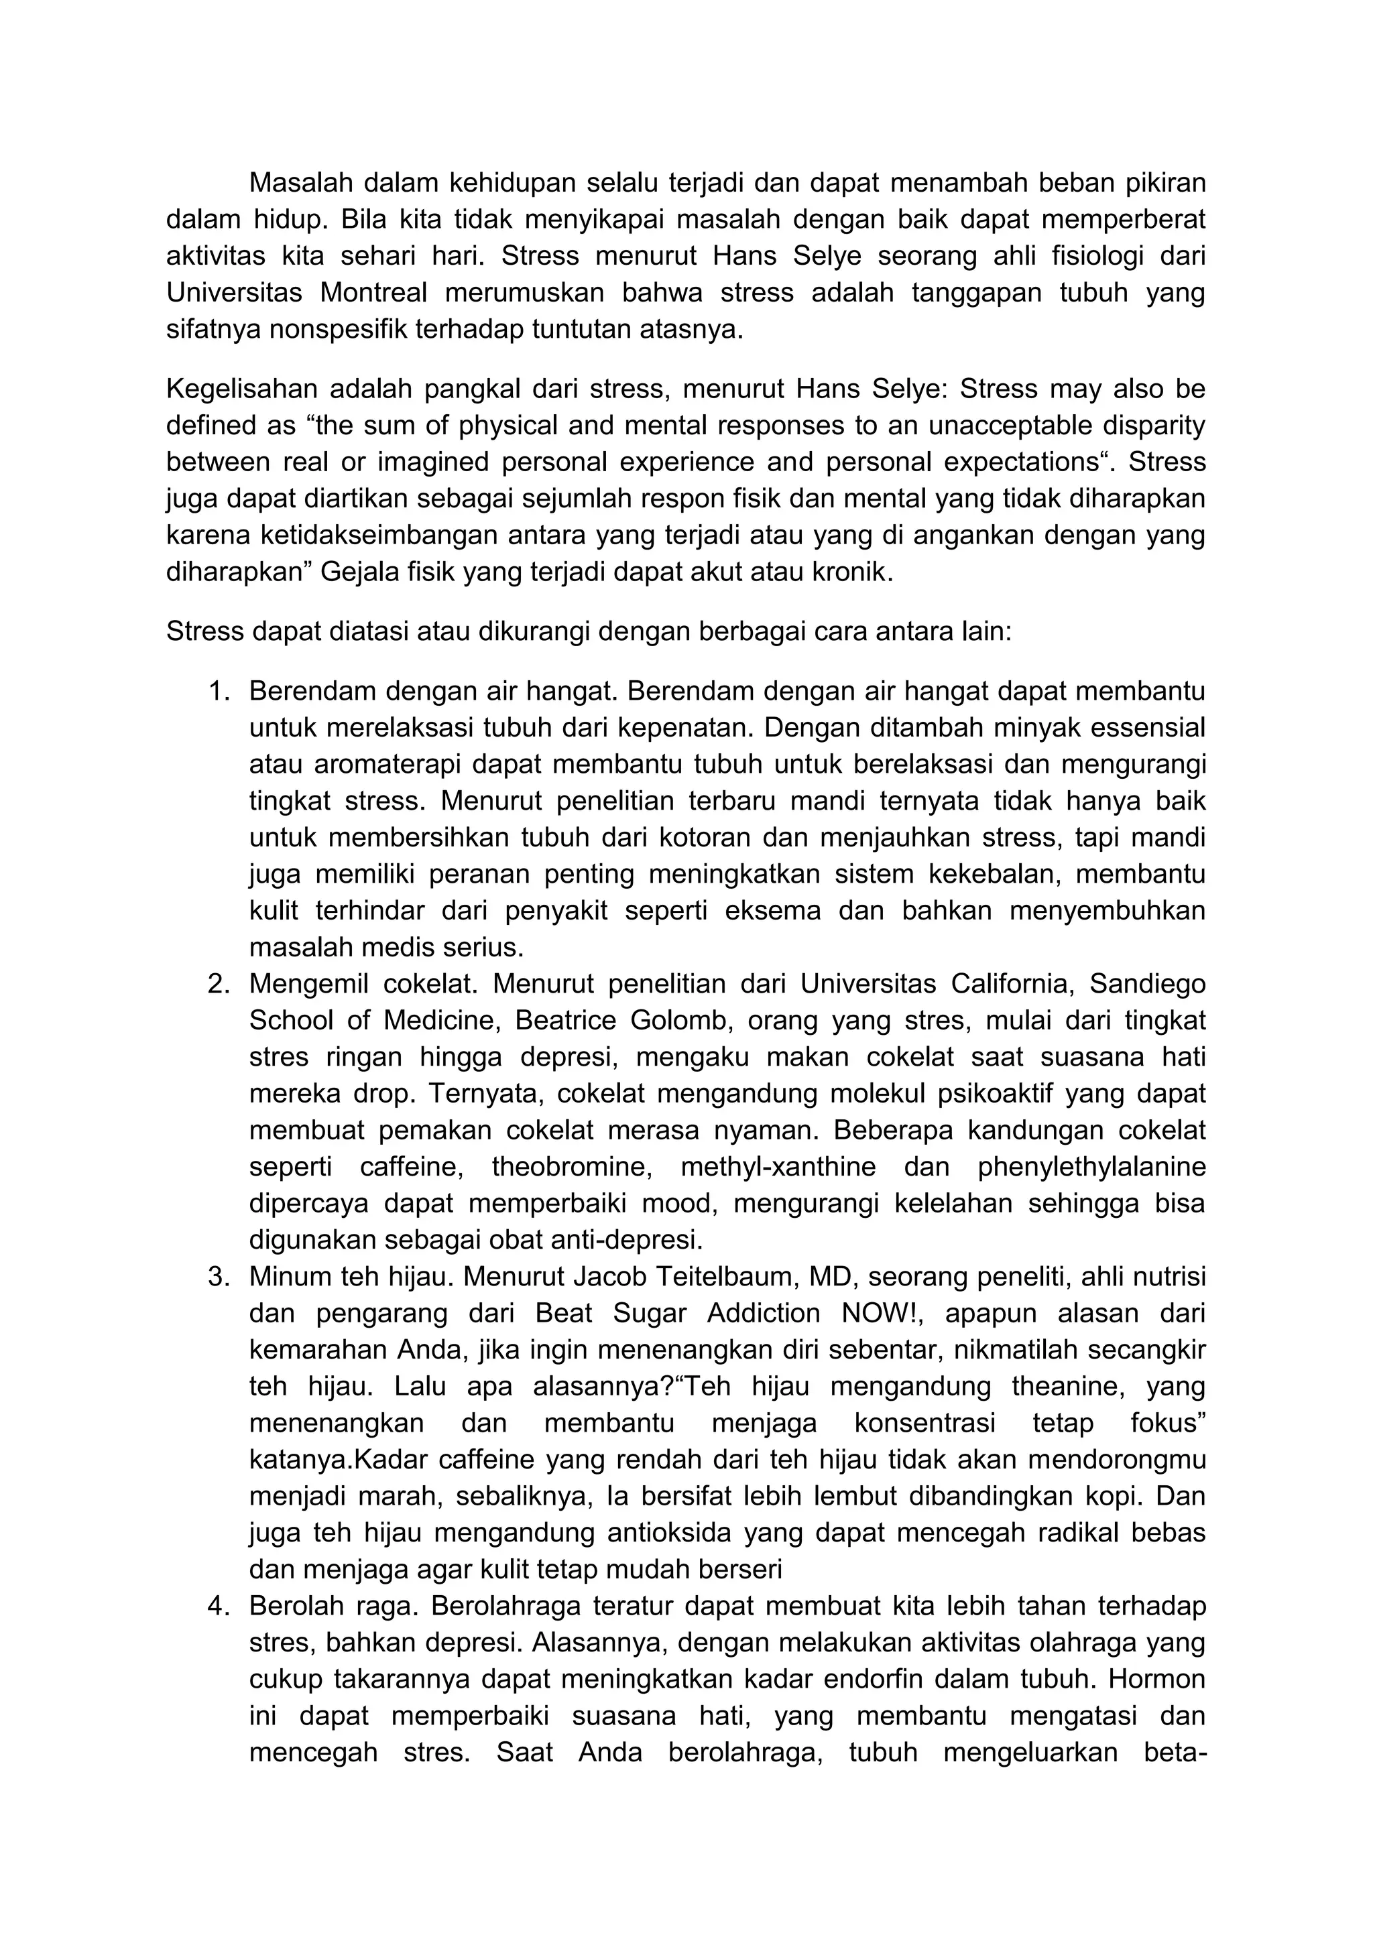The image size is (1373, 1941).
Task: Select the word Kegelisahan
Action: (x=239, y=389)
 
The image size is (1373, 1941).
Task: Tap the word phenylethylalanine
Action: (x=1091, y=1168)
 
